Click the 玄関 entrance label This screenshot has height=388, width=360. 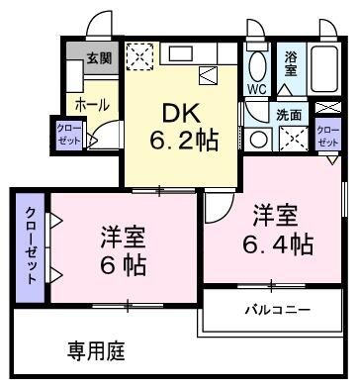click(98, 58)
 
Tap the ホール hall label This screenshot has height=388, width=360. click(91, 102)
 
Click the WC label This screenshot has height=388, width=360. click(256, 89)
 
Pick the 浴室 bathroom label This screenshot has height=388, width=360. click(292, 64)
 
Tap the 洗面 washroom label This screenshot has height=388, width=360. click(290, 114)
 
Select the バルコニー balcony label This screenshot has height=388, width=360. click(278, 311)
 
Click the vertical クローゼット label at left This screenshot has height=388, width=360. click(32, 246)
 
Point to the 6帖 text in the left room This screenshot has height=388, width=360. click(122, 266)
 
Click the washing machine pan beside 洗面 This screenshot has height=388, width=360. click(291, 139)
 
